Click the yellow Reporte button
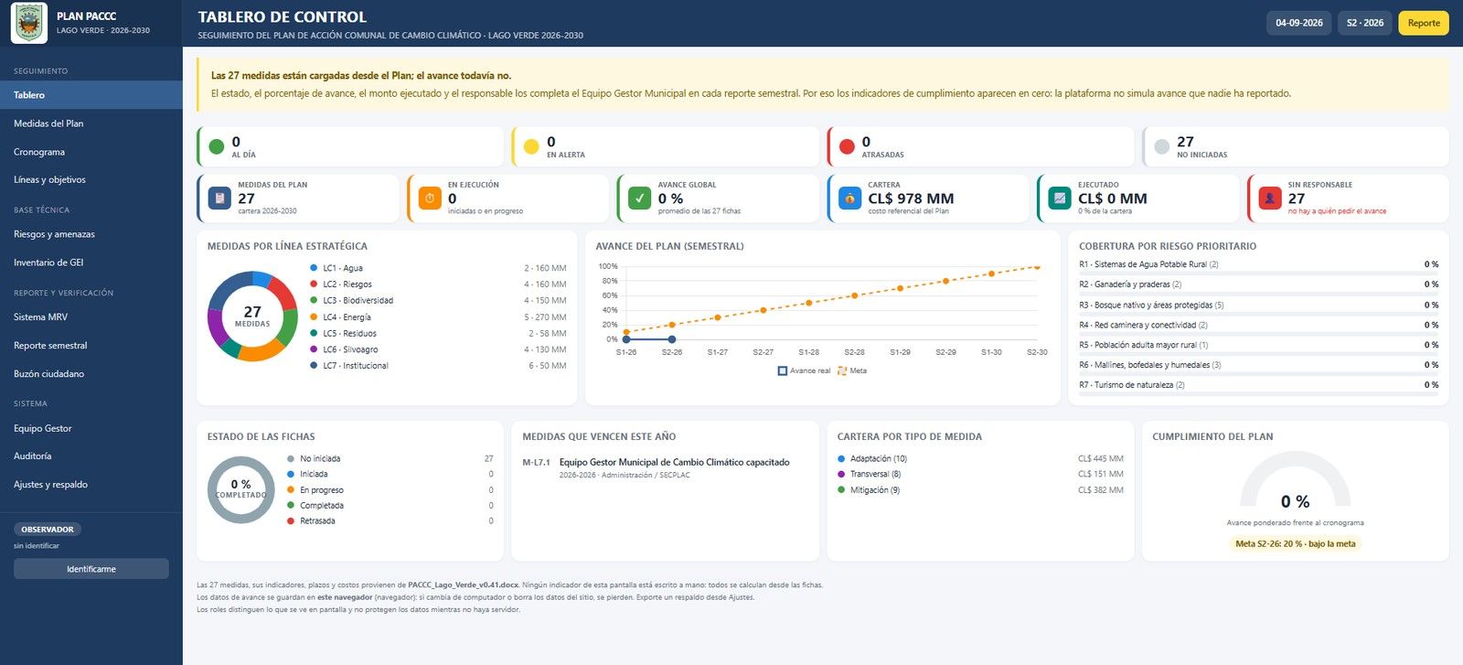(x=1423, y=23)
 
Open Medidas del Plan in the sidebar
(x=48, y=123)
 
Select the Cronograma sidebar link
(x=39, y=152)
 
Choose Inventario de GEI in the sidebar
(x=48, y=262)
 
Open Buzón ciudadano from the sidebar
(x=49, y=373)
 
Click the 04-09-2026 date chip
(x=1298, y=23)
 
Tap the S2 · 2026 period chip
(x=1364, y=23)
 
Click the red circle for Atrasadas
(x=847, y=146)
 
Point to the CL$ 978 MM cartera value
(x=911, y=198)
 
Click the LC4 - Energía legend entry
(x=340, y=316)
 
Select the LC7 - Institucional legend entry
(x=348, y=366)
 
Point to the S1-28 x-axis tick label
(x=808, y=352)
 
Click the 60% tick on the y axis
(x=609, y=295)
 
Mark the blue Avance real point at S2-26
(x=671, y=339)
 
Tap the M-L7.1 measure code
(x=536, y=463)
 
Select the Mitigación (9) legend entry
(x=869, y=490)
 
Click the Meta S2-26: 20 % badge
(x=1295, y=543)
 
